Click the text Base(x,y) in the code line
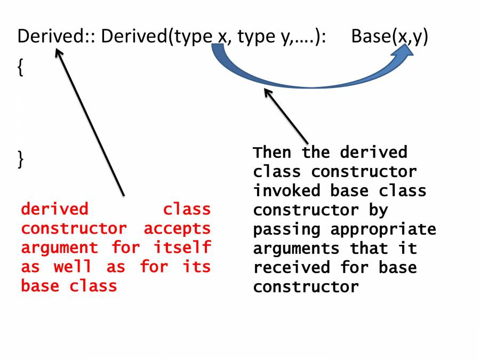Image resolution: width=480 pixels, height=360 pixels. tap(389, 37)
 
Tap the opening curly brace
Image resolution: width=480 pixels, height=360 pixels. tap(21, 68)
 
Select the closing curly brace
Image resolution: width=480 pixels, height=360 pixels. tap(21, 159)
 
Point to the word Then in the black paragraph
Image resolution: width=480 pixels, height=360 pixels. tap(273, 153)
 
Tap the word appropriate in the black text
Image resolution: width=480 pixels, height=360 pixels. tap(383, 230)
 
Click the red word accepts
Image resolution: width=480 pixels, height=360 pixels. tap(177, 229)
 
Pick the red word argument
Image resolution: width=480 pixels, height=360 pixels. tap(59, 248)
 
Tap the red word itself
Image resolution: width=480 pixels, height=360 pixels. tap(182, 248)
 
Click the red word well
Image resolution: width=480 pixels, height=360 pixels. tap(72, 267)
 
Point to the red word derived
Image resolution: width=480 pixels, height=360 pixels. tap(54, 209)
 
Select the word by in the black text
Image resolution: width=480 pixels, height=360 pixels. tap(378, 211)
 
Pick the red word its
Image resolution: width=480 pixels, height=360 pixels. tap(197, 267)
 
